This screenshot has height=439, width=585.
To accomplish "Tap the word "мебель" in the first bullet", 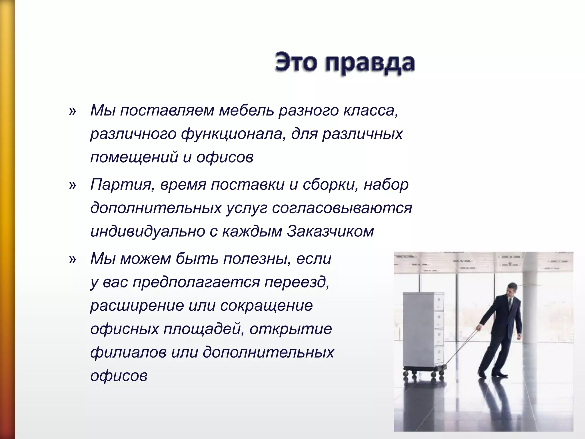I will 246,111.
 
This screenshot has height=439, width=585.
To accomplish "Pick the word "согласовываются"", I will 342,208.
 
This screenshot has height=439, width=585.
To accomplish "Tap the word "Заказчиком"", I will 330,231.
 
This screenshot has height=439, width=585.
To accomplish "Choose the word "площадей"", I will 204,329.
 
